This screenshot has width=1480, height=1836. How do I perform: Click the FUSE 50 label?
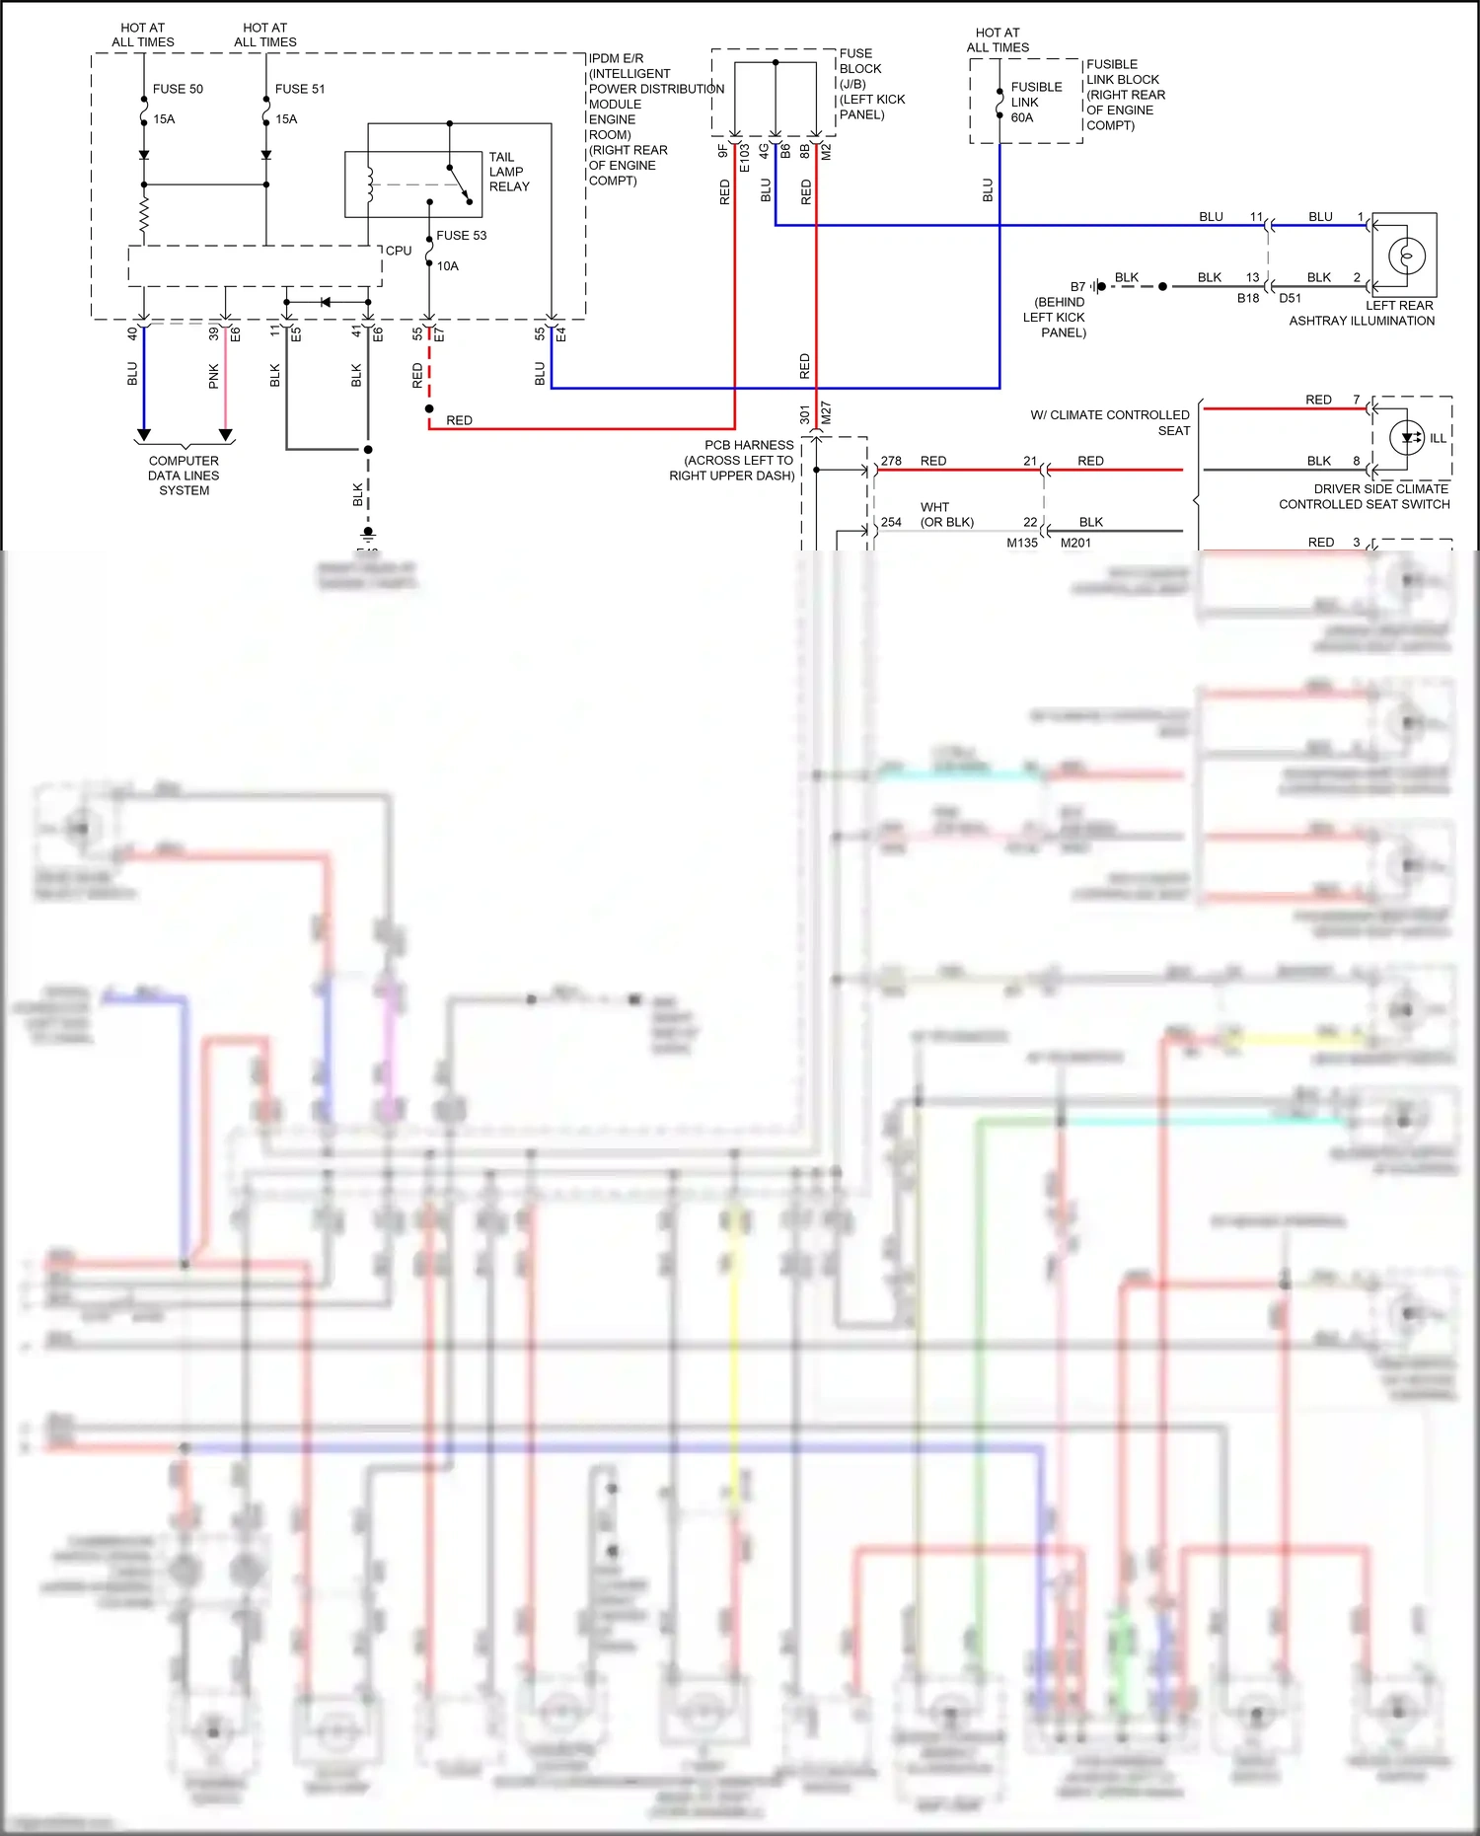click(178, 89)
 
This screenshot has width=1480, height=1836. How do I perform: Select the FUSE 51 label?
click(300, 89)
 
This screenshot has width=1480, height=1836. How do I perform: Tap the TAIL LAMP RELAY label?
click(508, 172)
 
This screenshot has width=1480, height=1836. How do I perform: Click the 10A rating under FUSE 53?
click(448, 266)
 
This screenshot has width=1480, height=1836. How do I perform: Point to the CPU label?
click(399, 251)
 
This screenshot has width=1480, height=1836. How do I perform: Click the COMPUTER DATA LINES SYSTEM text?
click(184, 476)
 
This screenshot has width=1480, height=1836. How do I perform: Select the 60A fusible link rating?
click(1022, 117)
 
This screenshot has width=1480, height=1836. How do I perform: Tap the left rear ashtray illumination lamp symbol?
click(1406, 257)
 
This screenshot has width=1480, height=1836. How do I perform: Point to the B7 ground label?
click(1077, 287)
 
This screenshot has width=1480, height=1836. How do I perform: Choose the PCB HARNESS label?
click(748, 445)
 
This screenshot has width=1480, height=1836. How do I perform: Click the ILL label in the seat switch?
click(1438, 438)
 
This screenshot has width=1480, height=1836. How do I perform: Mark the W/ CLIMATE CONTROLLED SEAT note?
click(1110, 422)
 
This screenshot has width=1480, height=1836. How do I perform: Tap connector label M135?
click(1022, 543)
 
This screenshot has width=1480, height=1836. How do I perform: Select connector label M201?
click(1075, 543)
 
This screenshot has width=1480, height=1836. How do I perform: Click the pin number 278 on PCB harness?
click(891, 461)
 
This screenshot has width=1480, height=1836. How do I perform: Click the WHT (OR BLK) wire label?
click(946, 514)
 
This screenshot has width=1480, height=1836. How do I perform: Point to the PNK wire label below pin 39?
click(214, 376)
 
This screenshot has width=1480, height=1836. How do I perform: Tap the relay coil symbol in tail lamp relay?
click(370, 184)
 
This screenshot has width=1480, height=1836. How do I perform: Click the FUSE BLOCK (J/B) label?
click(860, 69)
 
